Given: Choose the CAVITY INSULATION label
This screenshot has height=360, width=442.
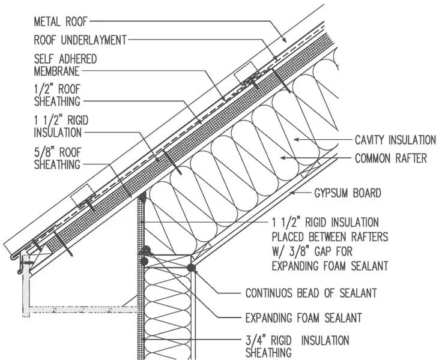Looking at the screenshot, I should [395, 140].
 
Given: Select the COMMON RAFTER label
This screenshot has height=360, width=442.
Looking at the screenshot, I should [390, 159].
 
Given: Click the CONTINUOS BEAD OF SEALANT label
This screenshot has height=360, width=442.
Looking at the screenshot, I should [311, 293].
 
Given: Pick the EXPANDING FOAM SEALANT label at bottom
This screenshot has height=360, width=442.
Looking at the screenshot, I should [303, 317].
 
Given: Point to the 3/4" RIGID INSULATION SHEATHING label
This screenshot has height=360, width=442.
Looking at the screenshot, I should [297, 346].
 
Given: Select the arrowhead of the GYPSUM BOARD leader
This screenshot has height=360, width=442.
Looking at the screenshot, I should [289, 194].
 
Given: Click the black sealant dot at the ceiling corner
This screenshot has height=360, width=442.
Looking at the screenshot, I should [192, 268].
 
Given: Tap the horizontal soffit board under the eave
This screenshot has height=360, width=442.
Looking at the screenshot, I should [84, 310].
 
